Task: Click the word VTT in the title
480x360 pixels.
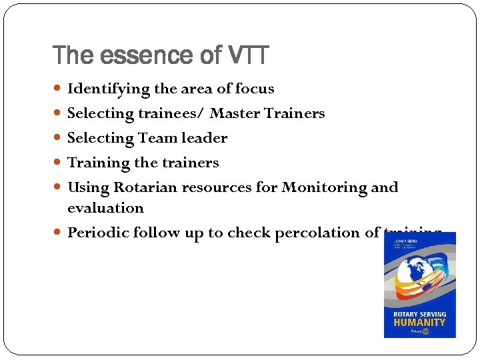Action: click(x=246, y=55)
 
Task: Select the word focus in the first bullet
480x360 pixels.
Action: click(x=255, y=89)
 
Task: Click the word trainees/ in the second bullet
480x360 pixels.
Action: click(x=173, y=113)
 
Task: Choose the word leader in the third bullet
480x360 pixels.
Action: click(x=207, y=138)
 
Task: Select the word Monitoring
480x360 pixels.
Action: click(x=325, y=187)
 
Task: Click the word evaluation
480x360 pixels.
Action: click(x=105, y=208)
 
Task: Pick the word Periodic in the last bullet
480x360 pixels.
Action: click(x=98, y=233)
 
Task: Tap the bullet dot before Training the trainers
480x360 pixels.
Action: click(x=61, y=163)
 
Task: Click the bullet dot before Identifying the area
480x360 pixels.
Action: click(x=61, y=89)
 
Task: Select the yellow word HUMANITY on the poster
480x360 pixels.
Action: click(x=419, y=321)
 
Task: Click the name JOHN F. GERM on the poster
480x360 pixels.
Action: click(x=407, y=236)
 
